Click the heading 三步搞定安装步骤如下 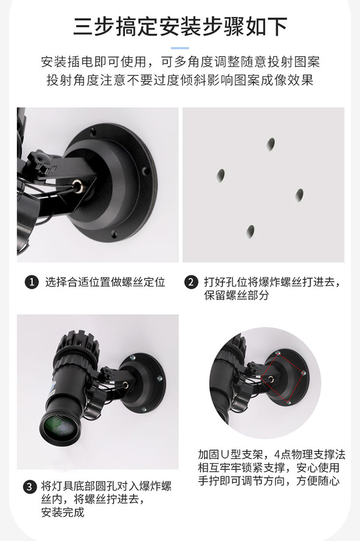point(180,26)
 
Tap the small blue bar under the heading point(180,48)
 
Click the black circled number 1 point(31,282)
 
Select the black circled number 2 point(191,282)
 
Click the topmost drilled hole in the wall point(271,143)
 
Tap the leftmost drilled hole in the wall point(221,175)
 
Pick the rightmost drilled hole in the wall point(299,195)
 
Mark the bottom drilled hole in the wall point(251,232)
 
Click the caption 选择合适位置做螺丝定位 point(105,282)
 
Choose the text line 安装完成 point(63,512)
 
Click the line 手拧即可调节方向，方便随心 point(269,481)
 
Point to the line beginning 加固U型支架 point(272,455)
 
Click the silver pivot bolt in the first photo point(76,183)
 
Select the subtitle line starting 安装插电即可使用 point(180,62)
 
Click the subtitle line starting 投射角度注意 point(180,80)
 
